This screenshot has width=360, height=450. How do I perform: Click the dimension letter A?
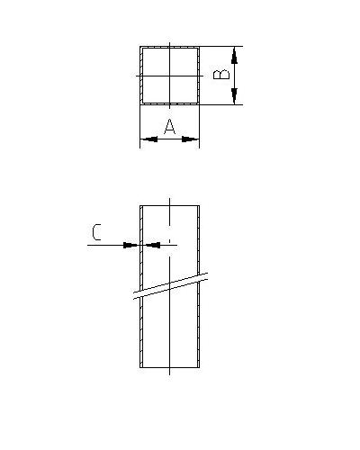pyautogui.click(x=170, y=126)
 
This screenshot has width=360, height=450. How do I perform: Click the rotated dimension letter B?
pyautogui.click(x=221, y=75)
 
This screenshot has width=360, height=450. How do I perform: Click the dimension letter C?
pyautogui.click(x=96, y=232)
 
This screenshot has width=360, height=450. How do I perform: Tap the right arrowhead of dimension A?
pyautogui.click(x=191, y=139)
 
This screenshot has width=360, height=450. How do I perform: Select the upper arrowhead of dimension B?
pyautogui.click(x=234, y=55)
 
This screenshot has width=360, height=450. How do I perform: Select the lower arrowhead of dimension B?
pyautogui.click(x=234, y=96)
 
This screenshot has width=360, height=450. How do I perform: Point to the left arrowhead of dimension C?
pyautogui.click(x=131, y=245)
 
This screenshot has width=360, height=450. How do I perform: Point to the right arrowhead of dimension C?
pyautogui.click(x=152, y=245)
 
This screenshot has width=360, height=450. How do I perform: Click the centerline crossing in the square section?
pyautogui.click(x=170, y=76)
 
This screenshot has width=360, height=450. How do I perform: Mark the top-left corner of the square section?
pyautogui.click(x=140, y=46)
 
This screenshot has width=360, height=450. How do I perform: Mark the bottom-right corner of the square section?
pyautogui.click(x=199, y=104)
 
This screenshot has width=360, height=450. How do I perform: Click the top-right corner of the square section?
pyautogui.click(x=199, y=46)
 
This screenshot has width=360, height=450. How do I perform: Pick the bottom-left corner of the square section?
pyautogui.click(x=140, y=104)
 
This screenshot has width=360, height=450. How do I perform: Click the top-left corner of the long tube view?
pyautogui.click(x=140, y=205)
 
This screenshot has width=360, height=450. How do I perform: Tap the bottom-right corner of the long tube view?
pyautogui.click(x=199, y=367)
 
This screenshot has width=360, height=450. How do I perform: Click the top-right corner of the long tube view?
pyautogui.click(x=199, y=205)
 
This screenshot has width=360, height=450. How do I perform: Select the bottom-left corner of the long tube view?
pyautogui.click(x=140, y=367)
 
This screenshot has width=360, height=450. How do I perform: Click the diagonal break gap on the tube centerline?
pyautogui.click(x=170, y=286)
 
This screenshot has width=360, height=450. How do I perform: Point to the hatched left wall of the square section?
pyautogui.click(x=141, y=76)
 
